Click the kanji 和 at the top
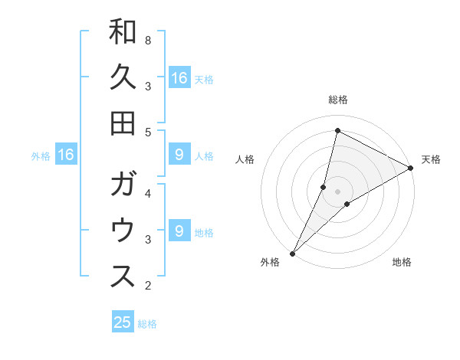123,32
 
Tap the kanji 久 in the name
123,77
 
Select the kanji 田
123,123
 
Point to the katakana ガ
123,185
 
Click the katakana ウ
123,231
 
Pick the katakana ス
123,277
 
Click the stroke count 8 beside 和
148,40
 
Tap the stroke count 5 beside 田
148,132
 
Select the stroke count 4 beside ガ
148,193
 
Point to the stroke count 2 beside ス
148,286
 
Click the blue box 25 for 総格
123,322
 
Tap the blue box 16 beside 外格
66,155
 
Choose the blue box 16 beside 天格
179,78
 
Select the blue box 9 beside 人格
179,155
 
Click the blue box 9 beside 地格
179,231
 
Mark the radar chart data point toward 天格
411,168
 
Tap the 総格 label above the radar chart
338,100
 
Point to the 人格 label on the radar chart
246,159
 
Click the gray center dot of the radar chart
338,191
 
